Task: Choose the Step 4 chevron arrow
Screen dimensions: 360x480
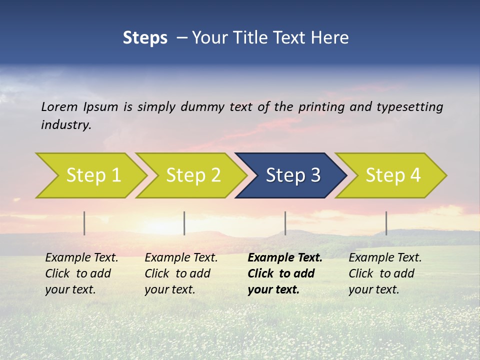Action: pyautogui.click(x=392, y=175)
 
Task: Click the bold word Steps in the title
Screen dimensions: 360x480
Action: pyautogui.click(x=145, y=37)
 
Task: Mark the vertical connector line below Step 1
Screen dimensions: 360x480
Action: pyautogui.click(x=84, y=223)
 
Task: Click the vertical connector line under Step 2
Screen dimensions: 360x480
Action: pyautogui.click(x=184, y=223)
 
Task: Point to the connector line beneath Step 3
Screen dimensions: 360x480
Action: pyautogui.click(x=285, y=223)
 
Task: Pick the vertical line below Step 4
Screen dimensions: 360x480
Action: pyautogui.click(x=386, y=223)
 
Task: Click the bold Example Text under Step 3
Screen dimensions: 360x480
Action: pyautogui.click(x=285, y=258)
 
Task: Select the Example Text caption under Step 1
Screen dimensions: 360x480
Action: pyautogui.click(x=81, y=258)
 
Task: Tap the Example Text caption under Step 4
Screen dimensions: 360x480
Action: pyautogui.click(x=385, y=258)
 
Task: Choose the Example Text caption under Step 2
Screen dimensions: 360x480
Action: pyautogui.click(x=181, y=258)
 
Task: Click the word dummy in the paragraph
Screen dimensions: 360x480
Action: pyautogui.click(x=202, y=106)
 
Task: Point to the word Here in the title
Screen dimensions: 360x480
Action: pyautogui.click(x=331, y=37)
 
